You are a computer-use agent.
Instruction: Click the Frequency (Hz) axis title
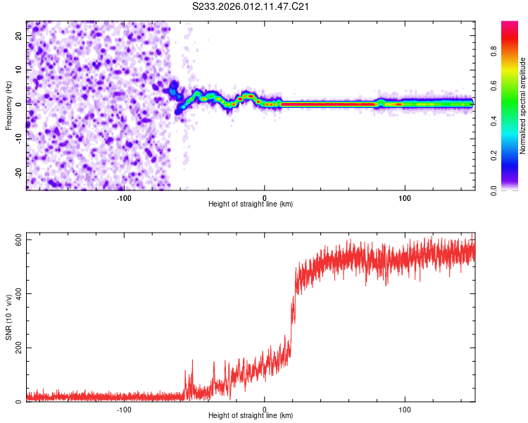(9, 105)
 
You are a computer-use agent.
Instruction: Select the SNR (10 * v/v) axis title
(9, 317)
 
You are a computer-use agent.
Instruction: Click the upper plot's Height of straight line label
(251, 204)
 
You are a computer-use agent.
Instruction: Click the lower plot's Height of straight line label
(251, 415)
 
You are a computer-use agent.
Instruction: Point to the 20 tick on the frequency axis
(19, 37)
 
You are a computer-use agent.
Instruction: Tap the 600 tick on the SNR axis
(15, 240)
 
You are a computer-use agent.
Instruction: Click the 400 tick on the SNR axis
(15, 294)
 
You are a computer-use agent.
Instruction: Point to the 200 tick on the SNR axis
(15, 348)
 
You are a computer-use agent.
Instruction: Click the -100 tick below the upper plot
(124, 197)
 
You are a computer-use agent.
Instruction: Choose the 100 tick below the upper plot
(405, 197)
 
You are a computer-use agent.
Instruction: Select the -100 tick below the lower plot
(124, 408)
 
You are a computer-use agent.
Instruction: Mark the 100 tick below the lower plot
(405, 408)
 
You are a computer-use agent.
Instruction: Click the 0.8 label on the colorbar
(494, 51)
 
